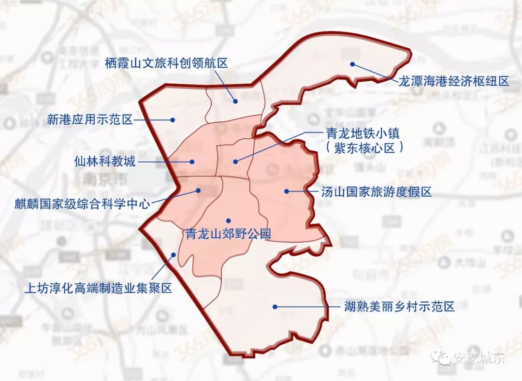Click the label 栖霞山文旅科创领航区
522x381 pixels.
pyautogui.click(x=166, y=63)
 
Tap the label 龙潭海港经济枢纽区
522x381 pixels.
pyautogui.click(x=453, y=81)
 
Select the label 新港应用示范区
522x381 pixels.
pyautogui.click(x=90, y=119)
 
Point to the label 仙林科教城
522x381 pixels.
pyautogui.click(x=105, y=161)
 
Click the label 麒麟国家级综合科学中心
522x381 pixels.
pyautogui.click(x=82, y=204)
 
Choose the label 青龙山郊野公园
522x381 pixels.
pyautogui.click(x=228, y=234)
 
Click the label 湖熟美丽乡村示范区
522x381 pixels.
pyautogui.click(x=399, y=307)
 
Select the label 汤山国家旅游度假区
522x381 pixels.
pyautogui.click(x=376, y=192)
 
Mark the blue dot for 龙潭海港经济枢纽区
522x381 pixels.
pyautogui.click(x=353, y=64)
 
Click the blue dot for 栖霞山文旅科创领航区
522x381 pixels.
pyautogui.click(x=235, y=101)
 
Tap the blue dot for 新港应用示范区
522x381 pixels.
pyautogui.click(x=172, y=119)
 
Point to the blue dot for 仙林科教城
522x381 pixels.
pyautogui.click(x=192, y=162)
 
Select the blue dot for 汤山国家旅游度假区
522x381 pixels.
pyautogui.click(x=287, y=191)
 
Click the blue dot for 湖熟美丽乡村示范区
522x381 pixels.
pyautogui.click(x=275, y=306)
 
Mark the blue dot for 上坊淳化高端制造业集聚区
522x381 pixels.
pyautogui.click(x=173, y=255)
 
